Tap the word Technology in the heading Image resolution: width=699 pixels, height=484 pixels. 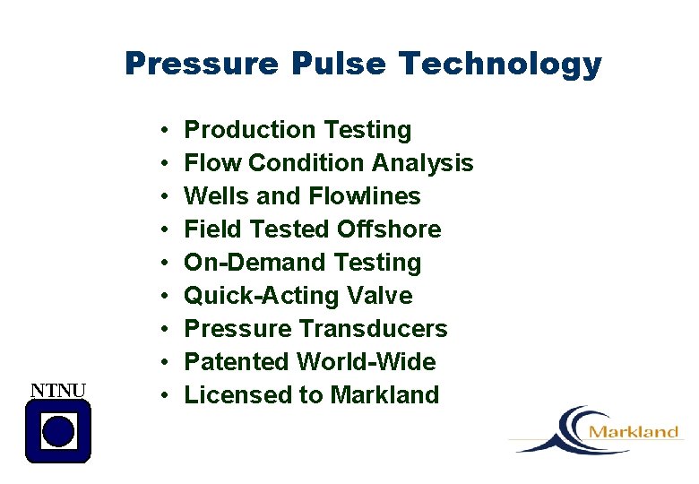(x=501, y=65)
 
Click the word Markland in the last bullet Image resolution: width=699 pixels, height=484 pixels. (x=384, y=395)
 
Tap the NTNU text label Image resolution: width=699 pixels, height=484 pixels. (x=58, y=390)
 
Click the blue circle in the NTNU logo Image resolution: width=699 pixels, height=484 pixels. (x=58, y=431)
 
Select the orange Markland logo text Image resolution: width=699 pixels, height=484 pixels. (x=634, y=432)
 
